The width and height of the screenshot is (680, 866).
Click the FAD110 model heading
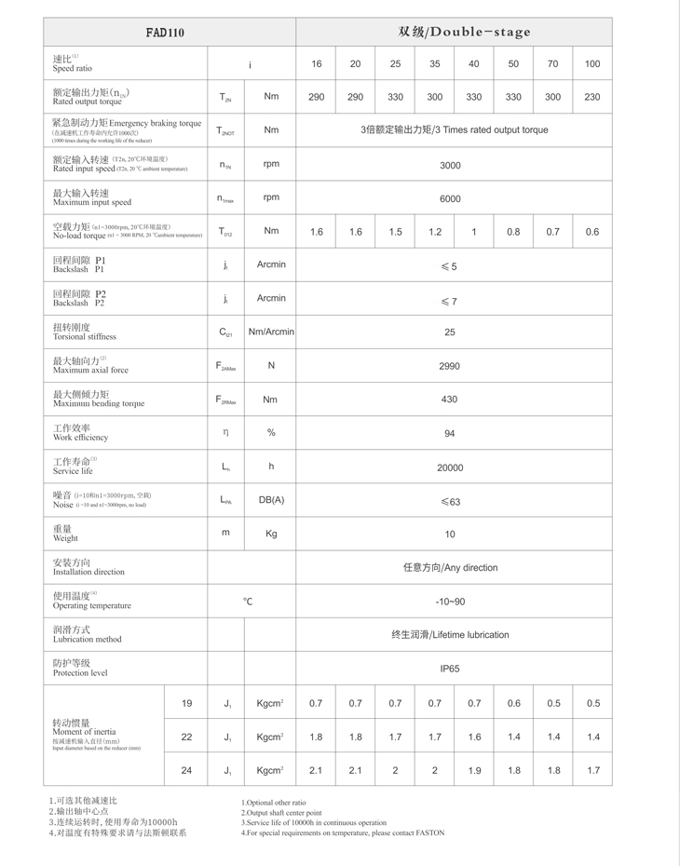point(165,33)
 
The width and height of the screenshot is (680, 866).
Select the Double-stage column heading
point(465,32)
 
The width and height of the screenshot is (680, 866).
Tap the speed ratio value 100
point(592,64)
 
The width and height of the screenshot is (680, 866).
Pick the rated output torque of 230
point(592,97)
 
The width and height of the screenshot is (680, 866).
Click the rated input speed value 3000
point(450,165)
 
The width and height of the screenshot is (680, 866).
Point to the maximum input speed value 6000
point(450,198)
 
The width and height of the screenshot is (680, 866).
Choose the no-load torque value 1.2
point(435,232)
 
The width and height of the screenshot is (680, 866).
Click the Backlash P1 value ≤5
point(449,266)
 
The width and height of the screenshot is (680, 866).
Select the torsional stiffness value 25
point(450,332)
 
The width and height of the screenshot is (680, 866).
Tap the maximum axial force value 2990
point(450,366)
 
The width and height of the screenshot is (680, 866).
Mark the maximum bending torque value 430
point(450,399)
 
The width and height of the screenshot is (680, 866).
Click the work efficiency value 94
point(450,433)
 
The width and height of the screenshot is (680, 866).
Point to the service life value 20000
point(450,467)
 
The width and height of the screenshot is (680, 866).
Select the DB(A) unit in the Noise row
point(271,500)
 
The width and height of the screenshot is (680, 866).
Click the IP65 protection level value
point(450,669)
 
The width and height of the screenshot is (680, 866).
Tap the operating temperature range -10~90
point(450,602)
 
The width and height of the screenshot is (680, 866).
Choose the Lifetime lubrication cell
point(450,635)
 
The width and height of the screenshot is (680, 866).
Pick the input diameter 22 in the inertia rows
point(186,737)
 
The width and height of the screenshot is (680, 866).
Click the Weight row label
point(65,534)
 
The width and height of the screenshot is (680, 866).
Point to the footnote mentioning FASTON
point(343,832)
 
